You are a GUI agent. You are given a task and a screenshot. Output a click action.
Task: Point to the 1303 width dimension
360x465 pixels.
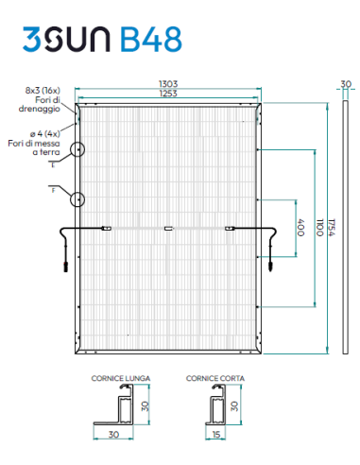tap(167, 84)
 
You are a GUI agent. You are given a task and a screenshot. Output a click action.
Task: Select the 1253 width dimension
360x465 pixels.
tap(167, 95)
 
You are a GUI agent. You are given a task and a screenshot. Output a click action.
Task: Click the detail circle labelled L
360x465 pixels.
tap(77, 149)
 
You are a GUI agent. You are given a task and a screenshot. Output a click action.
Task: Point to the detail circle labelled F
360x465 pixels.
tap(77, 198)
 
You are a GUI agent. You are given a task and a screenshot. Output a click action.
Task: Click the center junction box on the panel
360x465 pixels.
tap(168, 227)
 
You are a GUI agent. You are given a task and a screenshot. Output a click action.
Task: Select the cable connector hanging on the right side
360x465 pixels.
tap(270, 263)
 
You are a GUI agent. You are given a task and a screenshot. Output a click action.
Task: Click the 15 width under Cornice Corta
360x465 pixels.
tap(216, 436)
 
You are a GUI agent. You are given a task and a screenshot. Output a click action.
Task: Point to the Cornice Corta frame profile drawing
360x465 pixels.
tap(220, 408)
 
